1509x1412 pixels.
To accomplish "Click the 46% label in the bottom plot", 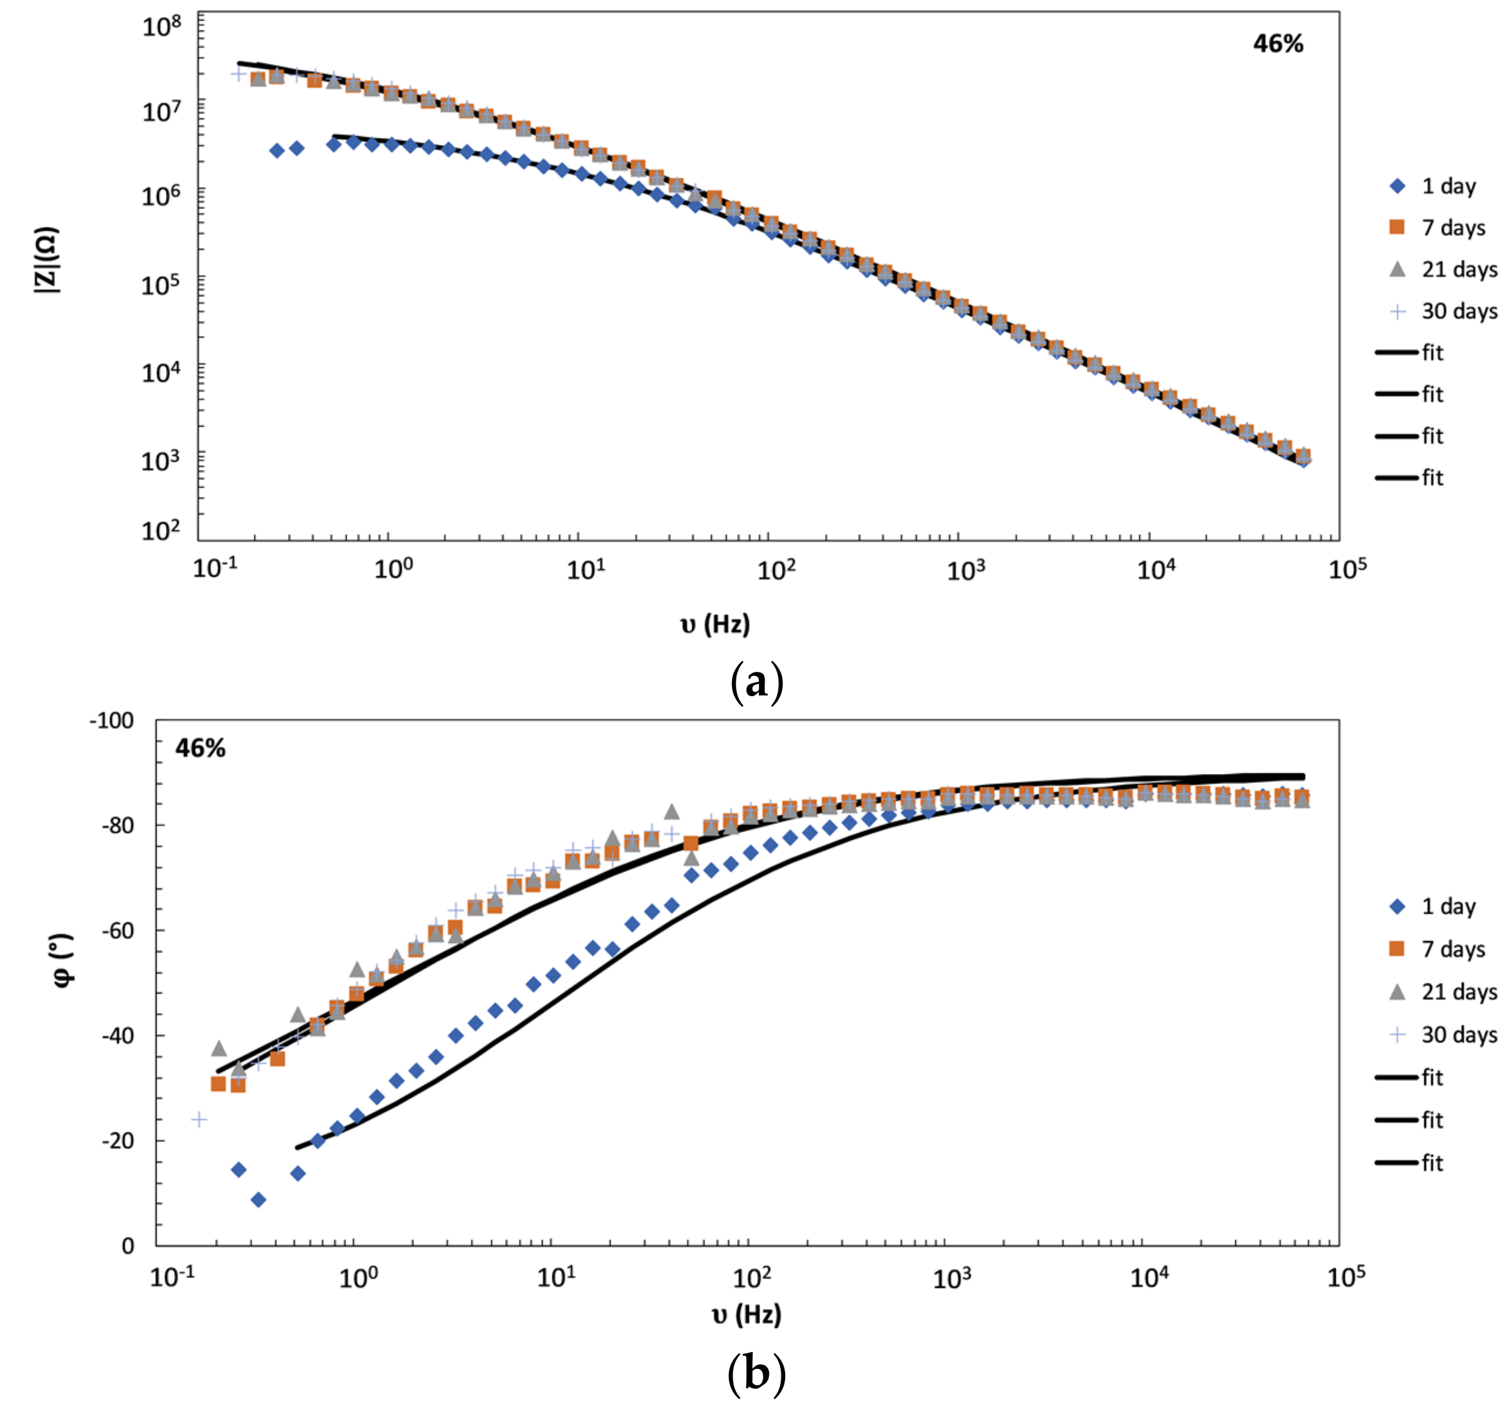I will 200,748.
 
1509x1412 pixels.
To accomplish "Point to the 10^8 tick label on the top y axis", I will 162,27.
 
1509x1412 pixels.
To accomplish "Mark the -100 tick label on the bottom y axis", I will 111,720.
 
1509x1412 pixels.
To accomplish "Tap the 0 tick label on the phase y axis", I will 128,1245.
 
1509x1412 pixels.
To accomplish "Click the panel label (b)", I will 755,1373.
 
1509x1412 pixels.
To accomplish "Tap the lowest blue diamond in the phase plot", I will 258,1200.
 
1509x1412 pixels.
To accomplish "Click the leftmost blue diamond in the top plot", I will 277,150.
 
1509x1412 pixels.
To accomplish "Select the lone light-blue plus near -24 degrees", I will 199,1119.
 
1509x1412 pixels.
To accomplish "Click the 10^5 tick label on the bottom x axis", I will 1346,1278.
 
